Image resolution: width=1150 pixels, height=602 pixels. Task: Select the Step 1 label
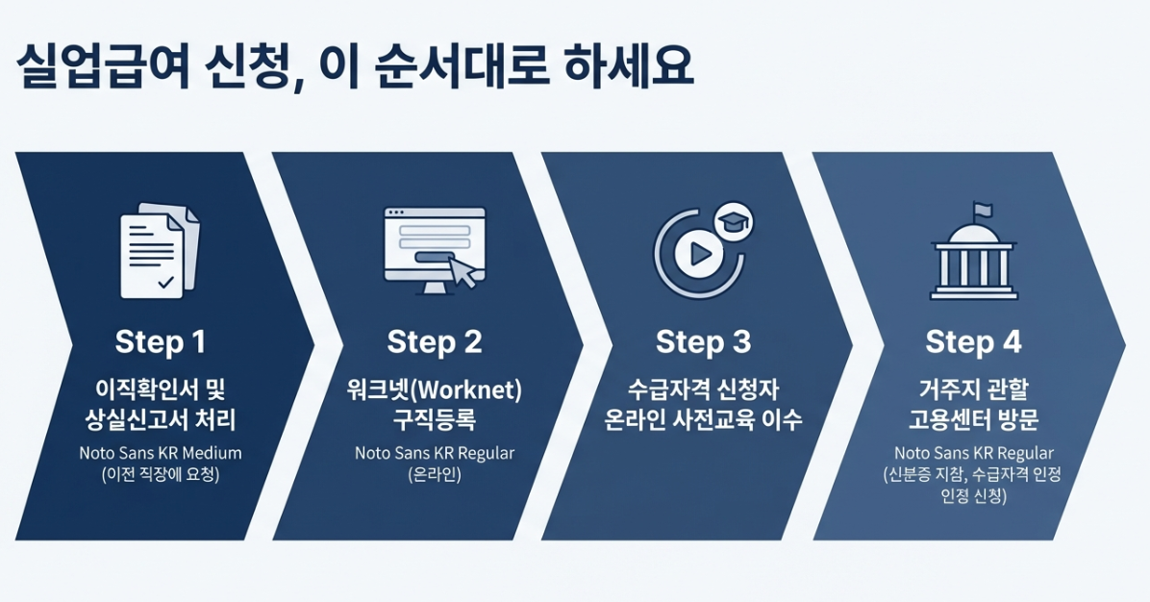point(160,341)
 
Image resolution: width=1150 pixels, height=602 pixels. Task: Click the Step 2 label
point(434,341)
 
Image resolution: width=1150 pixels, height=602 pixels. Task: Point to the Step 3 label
point(703,341)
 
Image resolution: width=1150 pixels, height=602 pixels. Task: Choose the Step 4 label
point(973,341)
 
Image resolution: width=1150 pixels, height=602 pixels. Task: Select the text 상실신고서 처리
point(160,419)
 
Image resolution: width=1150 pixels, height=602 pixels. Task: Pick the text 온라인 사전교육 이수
point(703,419)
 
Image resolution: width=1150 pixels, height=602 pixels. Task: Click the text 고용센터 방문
point(973,419)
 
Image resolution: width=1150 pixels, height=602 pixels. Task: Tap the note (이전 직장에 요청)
point(160,474)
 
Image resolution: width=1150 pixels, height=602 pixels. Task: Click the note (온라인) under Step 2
point(434,474)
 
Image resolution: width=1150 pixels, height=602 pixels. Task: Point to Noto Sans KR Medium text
point(160,453)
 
